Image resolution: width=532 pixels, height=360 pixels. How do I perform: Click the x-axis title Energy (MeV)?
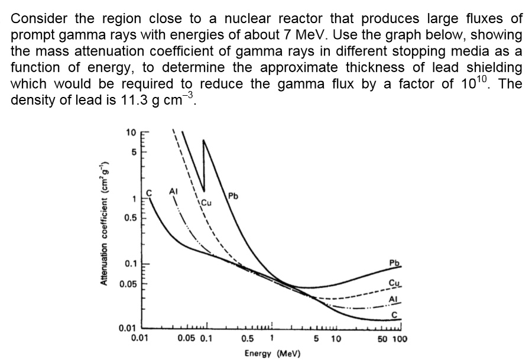(x=273, y=353)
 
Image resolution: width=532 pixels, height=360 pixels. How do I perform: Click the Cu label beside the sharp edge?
(x=206, y=203)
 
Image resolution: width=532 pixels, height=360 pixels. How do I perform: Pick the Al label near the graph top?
(x=173, y=191)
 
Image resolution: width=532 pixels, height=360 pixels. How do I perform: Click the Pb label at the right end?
(x=394, y=262)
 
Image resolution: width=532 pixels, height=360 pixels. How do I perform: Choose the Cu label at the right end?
(x=394, y=283)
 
